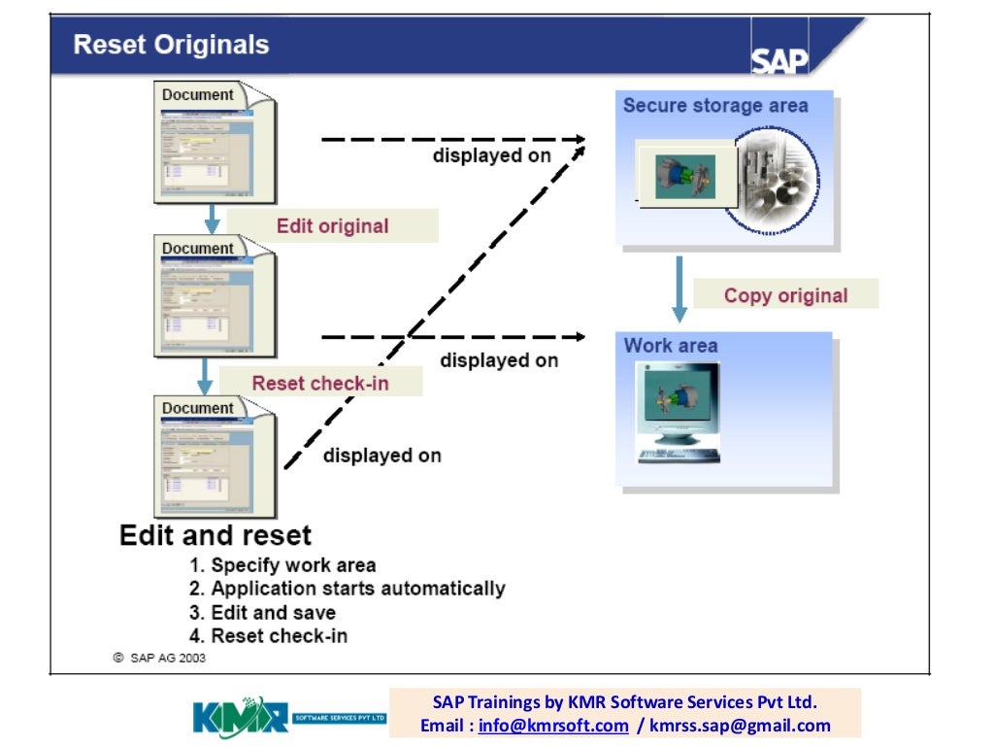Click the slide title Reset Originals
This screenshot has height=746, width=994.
point(172,45)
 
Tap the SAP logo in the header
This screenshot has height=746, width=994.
point(779,59)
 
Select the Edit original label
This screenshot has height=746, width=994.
point(332,226)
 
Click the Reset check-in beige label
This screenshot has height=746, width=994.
point(320,383)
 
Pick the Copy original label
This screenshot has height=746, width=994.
point(785,295)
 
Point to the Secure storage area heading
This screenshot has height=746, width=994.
point(715,106)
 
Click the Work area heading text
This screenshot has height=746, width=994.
point(671,346)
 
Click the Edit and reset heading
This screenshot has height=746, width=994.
point(215,535)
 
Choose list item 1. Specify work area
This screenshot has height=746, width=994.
point(282,565)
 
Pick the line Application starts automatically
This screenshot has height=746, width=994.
point(347,589)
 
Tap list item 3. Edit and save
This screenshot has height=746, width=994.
point(261,613)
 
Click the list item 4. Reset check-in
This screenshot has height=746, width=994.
point(267,636)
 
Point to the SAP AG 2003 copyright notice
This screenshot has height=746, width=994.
point(159,658)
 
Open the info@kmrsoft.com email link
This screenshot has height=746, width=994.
point(553,726)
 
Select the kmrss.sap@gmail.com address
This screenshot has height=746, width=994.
point(740,726)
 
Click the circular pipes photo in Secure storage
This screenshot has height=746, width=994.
point(777,181)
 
